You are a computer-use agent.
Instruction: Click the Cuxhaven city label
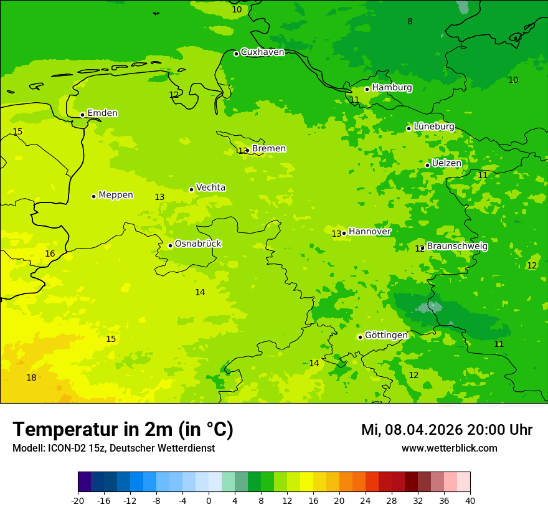pos(262,52)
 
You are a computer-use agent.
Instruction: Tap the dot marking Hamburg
pos(367,89)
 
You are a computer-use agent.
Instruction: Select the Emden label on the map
pos(102,113)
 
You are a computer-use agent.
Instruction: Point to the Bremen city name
pos(269,149)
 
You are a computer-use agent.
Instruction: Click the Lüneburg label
pos(434,126)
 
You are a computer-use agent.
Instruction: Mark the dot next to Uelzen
pos(428,165)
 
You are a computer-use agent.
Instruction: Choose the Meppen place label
pos(116,195)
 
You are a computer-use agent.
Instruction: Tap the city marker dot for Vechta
pos(192,189)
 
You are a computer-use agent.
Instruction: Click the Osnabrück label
pos(198,244)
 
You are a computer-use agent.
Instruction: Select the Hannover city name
pos(370,232)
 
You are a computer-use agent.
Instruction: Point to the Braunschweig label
pos(457,247)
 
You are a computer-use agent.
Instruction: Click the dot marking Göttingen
pos(361,337)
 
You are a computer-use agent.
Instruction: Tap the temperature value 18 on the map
pos(31,378)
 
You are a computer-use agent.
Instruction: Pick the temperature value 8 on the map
pos(410,22)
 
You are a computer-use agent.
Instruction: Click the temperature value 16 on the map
pos(50,254)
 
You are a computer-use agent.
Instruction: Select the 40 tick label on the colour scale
pos(470,500)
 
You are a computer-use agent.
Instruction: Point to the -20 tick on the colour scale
pos(78,500)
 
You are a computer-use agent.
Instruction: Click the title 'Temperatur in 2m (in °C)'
pos(123,430)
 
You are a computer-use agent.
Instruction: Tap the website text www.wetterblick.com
pos(449,448)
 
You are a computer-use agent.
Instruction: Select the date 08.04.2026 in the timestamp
pos(423,430)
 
